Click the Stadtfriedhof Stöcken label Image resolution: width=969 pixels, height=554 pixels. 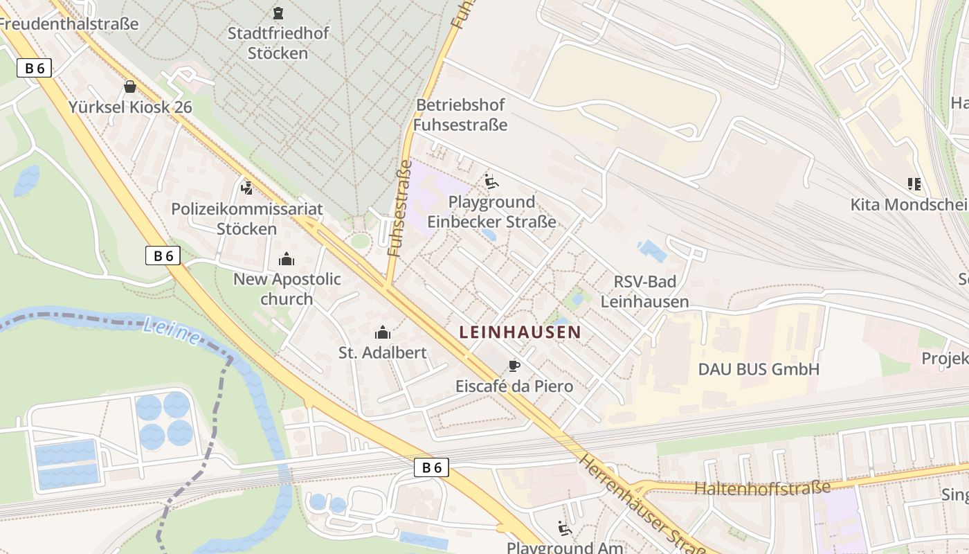[278, 43]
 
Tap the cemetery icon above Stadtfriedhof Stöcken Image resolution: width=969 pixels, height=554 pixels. [278, 12]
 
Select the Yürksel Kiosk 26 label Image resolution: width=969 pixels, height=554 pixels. [130, 107]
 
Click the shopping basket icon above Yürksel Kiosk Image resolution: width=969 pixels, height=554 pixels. [129, 87]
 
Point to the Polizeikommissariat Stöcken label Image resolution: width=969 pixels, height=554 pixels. [247, 218]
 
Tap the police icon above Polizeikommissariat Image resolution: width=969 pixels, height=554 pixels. [246, 188]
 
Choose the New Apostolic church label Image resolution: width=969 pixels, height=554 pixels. [287, 289]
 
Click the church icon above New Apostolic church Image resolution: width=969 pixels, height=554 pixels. [286, 260]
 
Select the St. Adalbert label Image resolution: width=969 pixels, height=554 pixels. [382, 352]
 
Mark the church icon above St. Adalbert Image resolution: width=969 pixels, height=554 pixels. [382, 332]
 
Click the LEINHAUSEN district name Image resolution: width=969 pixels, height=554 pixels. [520, 332]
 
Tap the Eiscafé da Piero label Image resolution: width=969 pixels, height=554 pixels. [514, 386]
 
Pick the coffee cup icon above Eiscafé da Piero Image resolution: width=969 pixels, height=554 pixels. [514, 365]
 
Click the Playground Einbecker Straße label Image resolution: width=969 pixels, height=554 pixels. [491, 211]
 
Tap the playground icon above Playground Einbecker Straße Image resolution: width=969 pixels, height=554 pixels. [491, 181]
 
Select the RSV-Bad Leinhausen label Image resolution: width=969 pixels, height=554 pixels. [644, 292]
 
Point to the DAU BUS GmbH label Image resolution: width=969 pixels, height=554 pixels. [758, 369]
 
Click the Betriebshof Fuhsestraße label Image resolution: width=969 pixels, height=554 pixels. [460, 114]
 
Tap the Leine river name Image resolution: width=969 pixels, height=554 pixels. [171, 329]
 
